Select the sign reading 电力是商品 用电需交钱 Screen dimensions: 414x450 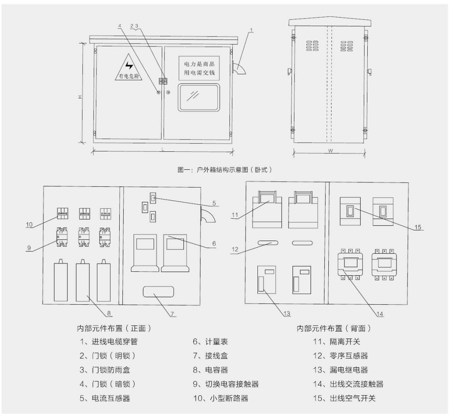[x=199, y=68]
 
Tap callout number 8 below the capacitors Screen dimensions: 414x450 [x=110, y=313]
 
